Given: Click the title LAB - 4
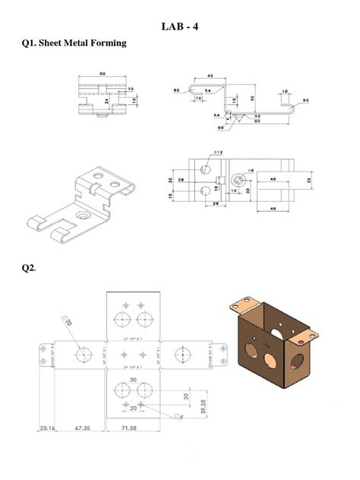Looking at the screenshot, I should pos(180,27).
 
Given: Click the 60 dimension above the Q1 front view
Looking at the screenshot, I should pos(102,74).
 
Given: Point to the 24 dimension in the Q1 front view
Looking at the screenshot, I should pos(107,99).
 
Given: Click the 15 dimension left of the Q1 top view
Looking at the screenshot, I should pos(172,196).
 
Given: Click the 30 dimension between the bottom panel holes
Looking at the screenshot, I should pos(133,379).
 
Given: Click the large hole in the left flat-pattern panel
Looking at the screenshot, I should pos(83,354).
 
